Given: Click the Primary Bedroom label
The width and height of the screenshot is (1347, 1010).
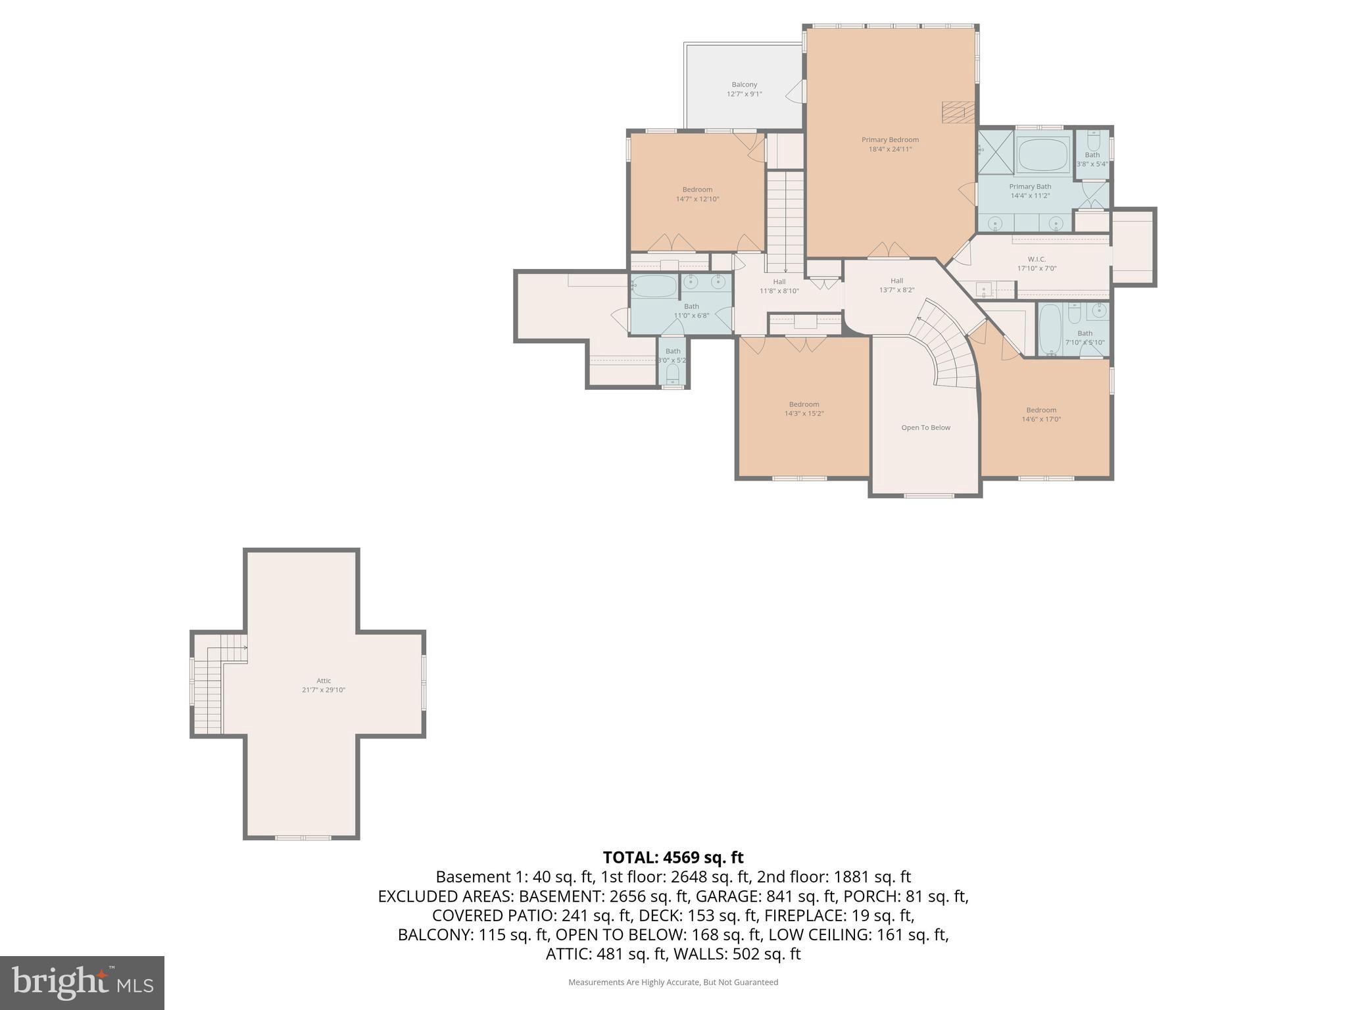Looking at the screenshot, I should click(890, 140).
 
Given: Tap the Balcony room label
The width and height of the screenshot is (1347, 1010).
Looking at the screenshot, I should click(745, 85).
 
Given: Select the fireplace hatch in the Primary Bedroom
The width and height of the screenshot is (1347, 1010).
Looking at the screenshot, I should click(958, 112).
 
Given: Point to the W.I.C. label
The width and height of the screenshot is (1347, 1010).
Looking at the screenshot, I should click(1037, 259).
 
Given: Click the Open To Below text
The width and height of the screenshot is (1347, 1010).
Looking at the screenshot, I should click(925, 428).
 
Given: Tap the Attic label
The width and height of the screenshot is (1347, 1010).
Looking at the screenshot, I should click(324, 681).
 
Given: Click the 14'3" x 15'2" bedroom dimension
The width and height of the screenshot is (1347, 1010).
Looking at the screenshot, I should click(804, 414).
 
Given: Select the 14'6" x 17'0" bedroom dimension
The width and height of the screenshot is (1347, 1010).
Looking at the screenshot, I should click(1041, 420).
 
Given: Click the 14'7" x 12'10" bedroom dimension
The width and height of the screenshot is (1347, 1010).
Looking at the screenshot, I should click(697, 199).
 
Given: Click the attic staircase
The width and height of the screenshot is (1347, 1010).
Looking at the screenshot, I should click(209, 690).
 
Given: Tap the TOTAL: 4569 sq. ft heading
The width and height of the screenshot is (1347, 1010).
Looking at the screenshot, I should click(673, 857).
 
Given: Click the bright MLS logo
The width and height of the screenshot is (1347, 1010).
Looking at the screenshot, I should click(82, 982).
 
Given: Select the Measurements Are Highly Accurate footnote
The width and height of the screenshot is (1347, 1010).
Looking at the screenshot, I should click(673, 982).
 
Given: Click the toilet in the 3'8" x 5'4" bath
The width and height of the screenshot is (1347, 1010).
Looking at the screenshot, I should click(1093, 140).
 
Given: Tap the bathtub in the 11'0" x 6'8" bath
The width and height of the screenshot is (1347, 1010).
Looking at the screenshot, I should click(654, 287).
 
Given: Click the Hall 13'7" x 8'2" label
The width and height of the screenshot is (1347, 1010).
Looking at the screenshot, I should click(896, 285).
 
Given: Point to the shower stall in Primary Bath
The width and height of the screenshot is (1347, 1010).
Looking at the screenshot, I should click(995, 152).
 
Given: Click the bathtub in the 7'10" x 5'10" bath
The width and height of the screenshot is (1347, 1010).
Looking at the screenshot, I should click(1050, 329).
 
